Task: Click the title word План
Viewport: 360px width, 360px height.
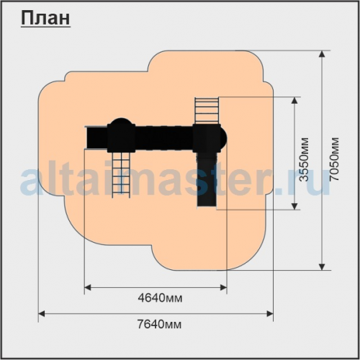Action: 45,19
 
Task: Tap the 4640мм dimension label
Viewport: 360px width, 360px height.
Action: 160,298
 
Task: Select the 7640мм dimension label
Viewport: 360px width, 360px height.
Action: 159,325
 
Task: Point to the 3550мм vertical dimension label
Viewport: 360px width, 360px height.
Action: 304,159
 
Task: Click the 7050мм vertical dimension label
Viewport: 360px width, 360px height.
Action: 333,159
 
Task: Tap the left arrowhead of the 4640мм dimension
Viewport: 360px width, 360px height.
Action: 88,287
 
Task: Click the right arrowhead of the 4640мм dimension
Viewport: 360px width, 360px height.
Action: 223,287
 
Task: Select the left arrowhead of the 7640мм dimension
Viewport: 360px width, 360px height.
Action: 42,313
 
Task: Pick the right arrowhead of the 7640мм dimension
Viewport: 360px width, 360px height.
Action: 270,313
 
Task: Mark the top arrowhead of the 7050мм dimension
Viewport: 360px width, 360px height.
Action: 323,54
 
